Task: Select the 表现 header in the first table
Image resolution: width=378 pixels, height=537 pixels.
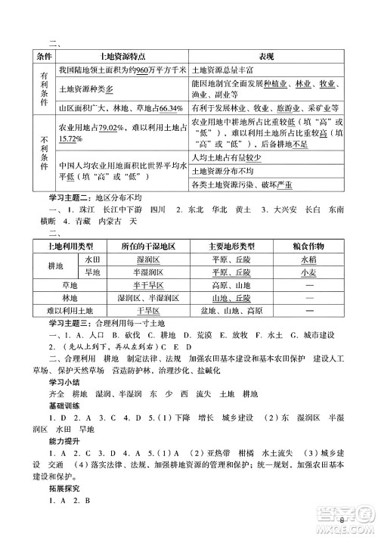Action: tap(261, 57)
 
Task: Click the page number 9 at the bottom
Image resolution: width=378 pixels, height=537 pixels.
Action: tap(342, 520)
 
